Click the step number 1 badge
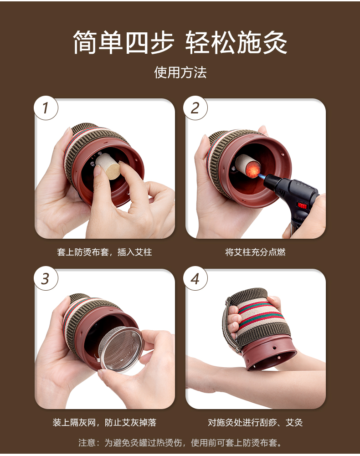46,108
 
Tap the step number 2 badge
195,108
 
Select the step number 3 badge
46,278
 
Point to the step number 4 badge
195,278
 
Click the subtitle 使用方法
180,72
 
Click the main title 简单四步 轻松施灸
180,42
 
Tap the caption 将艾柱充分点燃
255,252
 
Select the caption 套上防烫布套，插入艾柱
104,252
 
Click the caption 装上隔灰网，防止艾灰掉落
104,422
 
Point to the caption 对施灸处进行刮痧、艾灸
255,422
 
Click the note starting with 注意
180,443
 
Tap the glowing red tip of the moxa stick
252,170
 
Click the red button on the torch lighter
302,206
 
